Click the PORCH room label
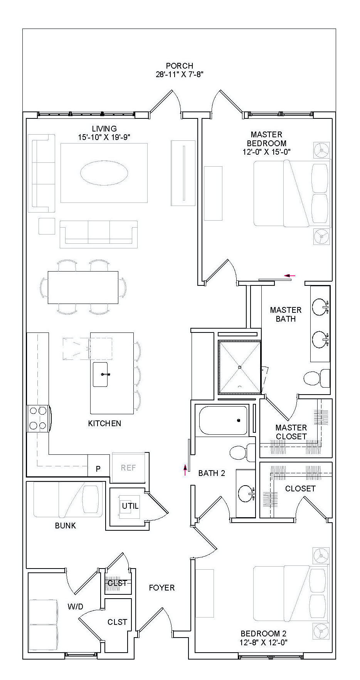179,66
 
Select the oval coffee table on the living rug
104,173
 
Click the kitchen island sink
101,374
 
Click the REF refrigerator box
128,467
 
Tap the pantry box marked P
98,469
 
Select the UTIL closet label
130,506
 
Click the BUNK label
66,525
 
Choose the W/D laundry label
75,606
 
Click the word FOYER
161,587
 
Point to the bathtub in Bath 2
223,420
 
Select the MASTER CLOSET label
291,432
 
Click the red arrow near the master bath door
289,275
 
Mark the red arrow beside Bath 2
185,469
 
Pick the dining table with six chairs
83,287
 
